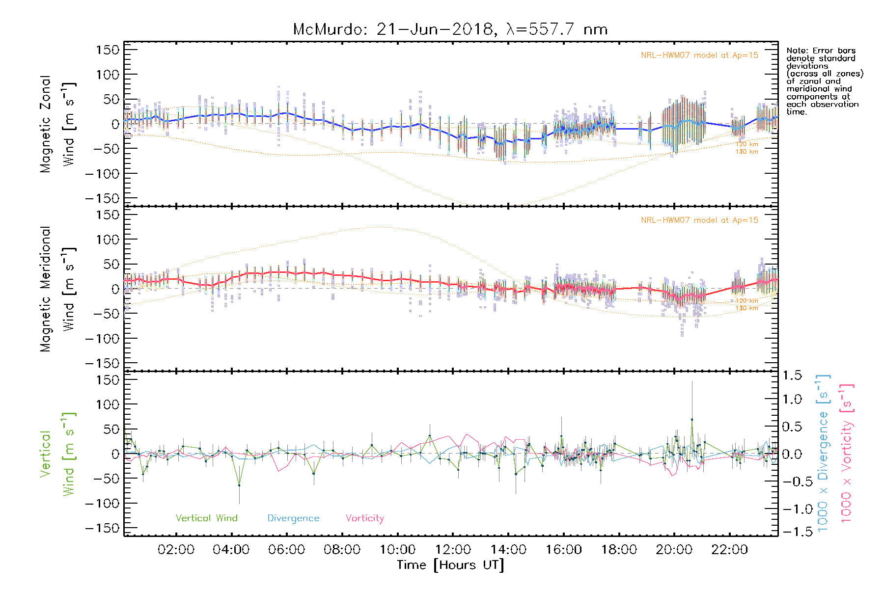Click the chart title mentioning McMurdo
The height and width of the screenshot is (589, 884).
pos(450,29)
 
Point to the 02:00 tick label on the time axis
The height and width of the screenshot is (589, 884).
pos(176,550)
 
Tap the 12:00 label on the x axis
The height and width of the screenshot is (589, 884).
pos(453,550)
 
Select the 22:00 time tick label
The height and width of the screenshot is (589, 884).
pos(729,550)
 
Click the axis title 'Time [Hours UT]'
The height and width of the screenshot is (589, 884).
pos(450,565)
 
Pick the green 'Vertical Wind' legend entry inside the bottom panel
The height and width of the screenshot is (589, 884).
pos(206,518)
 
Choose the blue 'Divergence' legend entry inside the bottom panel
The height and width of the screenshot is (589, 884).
pos(293,518)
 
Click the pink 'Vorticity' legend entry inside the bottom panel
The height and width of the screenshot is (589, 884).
pos(364,518)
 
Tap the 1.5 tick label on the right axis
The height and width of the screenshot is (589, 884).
pos(792,375)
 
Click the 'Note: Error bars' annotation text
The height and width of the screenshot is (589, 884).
pos(821,51)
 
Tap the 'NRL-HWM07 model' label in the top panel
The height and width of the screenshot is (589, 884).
pos(699,55)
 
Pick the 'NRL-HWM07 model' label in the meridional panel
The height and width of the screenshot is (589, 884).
pos(699,220)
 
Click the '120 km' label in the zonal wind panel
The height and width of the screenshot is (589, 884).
pos(746,144)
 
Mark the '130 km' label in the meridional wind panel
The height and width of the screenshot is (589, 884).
pos(746,308)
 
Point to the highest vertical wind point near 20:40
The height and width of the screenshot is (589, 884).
pos(692,420)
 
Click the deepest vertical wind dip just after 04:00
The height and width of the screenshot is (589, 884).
pos(239,485)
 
